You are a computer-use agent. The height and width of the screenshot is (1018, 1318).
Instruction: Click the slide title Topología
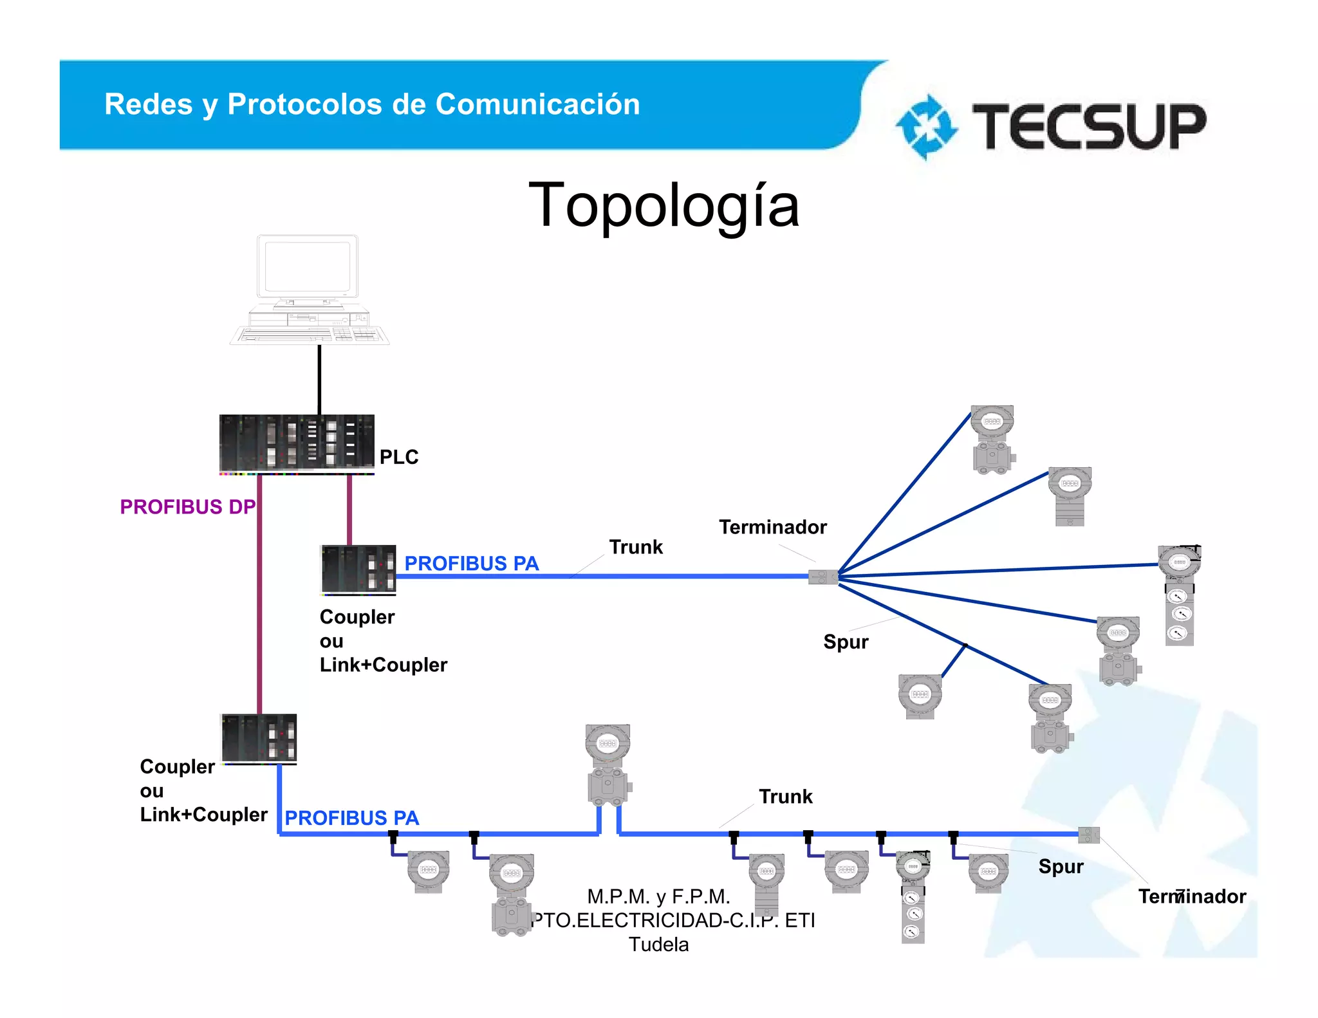tap(664, 205)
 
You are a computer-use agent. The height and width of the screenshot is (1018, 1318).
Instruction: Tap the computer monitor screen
tap(307, 266)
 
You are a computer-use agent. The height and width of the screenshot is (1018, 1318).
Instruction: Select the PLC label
tap(399, 457)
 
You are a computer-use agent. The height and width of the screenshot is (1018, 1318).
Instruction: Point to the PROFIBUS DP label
tap(187, 507)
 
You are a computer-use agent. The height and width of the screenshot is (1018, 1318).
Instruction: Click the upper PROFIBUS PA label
tap(471, 563)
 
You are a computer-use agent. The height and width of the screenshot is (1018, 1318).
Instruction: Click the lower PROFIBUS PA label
tap(352, 818)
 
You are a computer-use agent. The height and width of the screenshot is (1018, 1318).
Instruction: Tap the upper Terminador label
tap(772, 527)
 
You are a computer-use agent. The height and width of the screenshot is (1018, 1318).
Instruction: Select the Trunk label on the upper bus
tap(636, 547)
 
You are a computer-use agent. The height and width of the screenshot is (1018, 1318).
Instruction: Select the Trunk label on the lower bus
tap(785, 797)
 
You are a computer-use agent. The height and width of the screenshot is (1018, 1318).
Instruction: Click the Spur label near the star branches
tap(846, 642)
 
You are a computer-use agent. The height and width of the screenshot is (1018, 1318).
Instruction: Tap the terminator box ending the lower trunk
tap(1089, 835)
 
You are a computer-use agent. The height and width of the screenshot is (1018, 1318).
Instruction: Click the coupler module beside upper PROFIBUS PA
tap(358, 569)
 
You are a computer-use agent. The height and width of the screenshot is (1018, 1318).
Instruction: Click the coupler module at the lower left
tap(259, 738)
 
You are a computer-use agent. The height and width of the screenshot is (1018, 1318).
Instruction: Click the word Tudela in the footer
tap(658, 945)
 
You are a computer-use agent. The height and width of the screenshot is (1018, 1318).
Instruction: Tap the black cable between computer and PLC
tap(319, 380)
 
